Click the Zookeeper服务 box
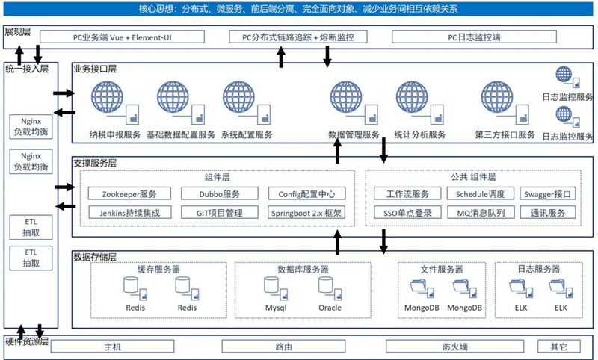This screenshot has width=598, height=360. point(129,194)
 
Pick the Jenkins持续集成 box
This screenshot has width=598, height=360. point(129,212)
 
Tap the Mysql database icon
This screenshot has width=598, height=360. point(274,286)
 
